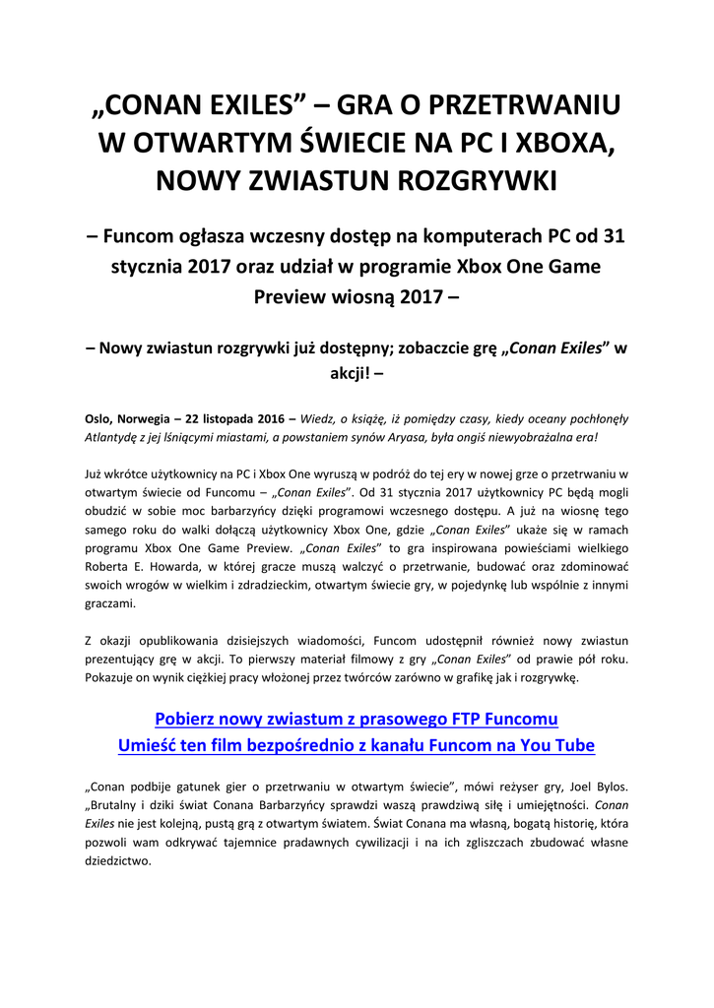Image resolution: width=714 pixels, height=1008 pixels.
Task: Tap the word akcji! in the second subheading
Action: (x=357, y=373)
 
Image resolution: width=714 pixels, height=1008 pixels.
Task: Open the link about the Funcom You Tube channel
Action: (x=357, y=745)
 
